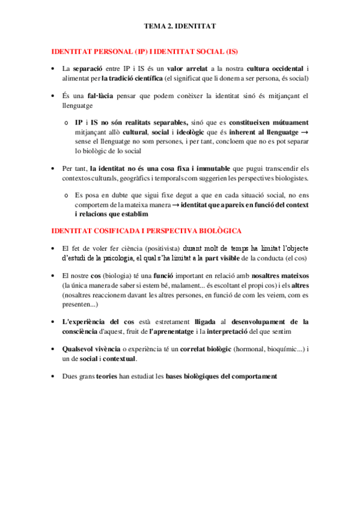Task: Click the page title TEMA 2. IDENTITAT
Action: [180, 27]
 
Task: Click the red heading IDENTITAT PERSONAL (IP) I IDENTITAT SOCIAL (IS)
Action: [149, 52]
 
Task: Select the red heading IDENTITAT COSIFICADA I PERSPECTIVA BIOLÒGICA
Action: [147, 231]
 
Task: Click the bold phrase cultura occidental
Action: [275, 69]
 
